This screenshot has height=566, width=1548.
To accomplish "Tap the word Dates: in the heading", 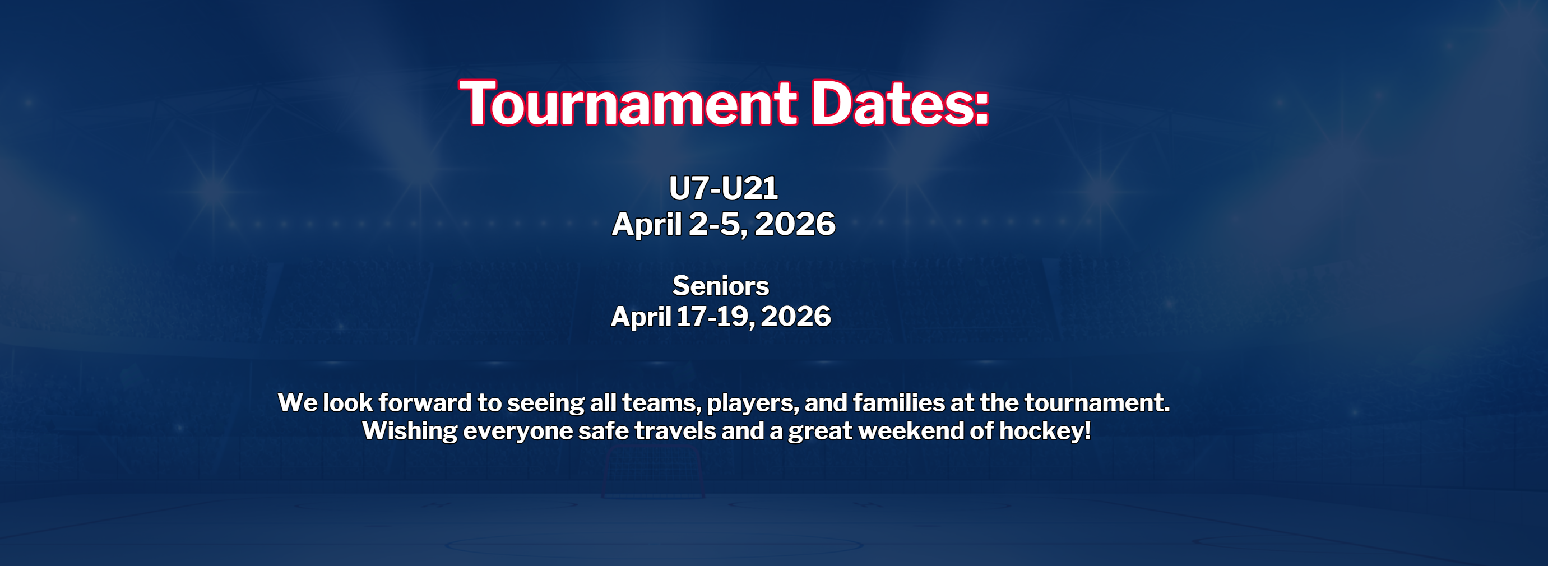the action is pyautogui.click(x=900, y=103).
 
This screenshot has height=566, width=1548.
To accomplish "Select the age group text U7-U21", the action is pyautogui.click(x=724, y=188).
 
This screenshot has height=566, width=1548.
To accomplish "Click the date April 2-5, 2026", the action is pyautogui.click(x=724, y=224).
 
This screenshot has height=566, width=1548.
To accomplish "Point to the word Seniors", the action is pyautogui.click(x=721, y=285).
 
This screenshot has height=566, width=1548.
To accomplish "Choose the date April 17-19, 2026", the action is pyautogui.click(x=721, y=317).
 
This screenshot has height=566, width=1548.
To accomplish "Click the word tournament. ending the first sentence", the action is pyautogui.click(x=1097, y=403).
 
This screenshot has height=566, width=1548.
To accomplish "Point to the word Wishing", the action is pyautogui.click(x=410, y=432).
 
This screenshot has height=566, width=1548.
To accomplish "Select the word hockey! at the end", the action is pyautogui.click(x=1045, y=432).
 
